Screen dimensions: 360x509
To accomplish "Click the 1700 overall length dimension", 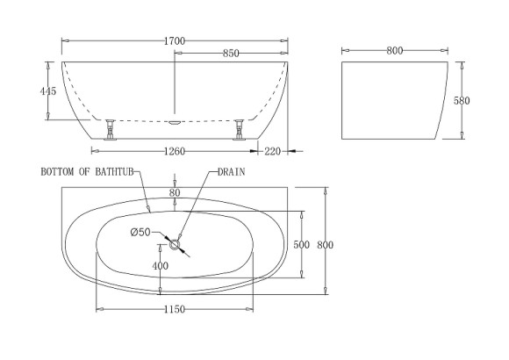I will [x=175, y=40].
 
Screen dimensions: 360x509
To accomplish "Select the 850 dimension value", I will [x=231, y=54].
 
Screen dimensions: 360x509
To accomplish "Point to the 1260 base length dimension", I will [x=175, y=151].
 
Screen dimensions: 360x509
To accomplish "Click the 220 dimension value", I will [x=272, y=151].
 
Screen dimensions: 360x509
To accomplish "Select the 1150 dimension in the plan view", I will [x=174, y=310].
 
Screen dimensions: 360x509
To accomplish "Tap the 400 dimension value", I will [x=161, y=266].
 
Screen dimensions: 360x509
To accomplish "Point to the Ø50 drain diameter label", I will [x=140, y=232].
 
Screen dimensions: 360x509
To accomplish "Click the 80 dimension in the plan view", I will [x=176, y=191].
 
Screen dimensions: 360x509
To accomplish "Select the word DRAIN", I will [x=231, y=173].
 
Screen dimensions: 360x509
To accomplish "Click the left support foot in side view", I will [x=111, y=129].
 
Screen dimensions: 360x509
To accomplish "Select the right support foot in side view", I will [x=238, y=129].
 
